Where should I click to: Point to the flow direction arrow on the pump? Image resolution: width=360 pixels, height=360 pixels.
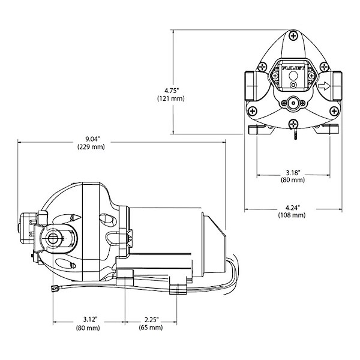(325, 86)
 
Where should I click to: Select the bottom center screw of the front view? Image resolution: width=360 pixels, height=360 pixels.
(293, 124)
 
